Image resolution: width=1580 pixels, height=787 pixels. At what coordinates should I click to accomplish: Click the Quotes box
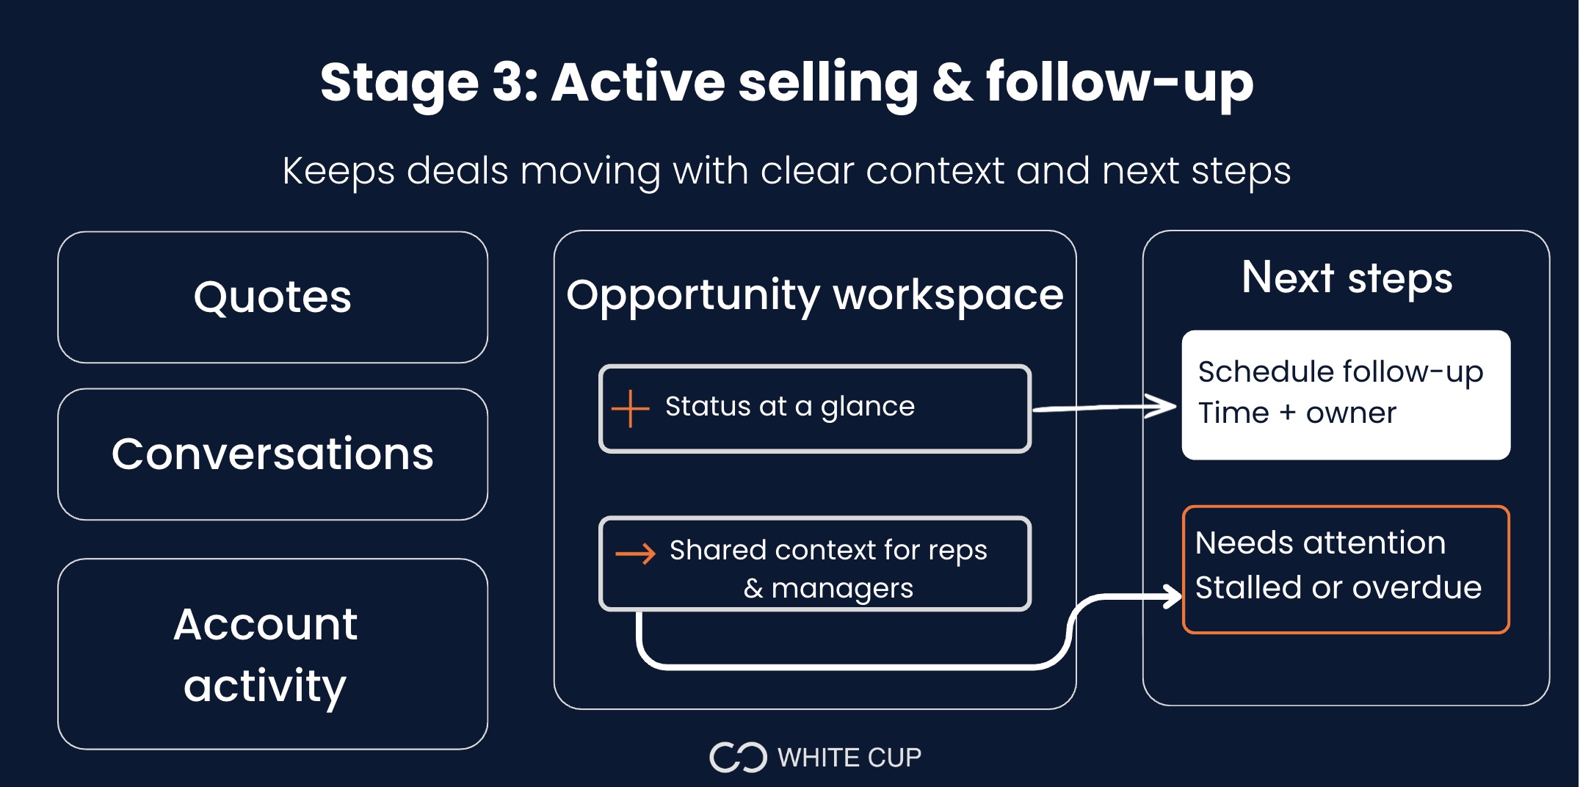pyautogui.click(x=272, y=297)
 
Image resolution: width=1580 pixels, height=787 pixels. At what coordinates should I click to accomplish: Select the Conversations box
pyautogui.click(x=272, y=454)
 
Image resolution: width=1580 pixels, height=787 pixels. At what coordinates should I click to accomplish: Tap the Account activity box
pyautogui.click(x=272, y=654)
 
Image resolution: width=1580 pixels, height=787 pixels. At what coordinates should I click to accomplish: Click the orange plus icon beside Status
pyautogui.click(x=630, y=408)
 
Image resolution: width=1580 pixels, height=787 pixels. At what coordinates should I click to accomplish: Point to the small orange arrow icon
pyautogui.click(x=635, y=554)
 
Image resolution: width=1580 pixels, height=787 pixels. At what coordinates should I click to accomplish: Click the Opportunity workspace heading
pyautogui.click(x=814, y=295)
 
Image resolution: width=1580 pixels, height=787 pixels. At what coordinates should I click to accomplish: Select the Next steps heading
pyautogui.click(x=1347, y=278)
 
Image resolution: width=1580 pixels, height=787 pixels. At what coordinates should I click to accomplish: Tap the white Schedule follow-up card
pyautogui.click(x=1345, y=394)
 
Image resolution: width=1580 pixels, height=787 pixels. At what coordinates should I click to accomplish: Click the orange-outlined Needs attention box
pyautogui.click(x=1345, y=569)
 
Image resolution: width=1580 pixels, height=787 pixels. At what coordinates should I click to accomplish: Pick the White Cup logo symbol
pyautogui.click(x=737, y=758)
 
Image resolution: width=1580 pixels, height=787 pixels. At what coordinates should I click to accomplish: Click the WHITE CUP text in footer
pyautogui.click(x=849, y=758)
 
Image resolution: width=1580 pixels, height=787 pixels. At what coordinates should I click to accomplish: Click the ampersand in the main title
pyautogui.click(x=952, y=82)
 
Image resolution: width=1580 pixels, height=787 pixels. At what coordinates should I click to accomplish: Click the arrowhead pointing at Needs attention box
pyautogui.click(x=1173, y=596)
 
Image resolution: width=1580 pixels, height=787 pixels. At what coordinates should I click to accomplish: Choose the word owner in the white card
pyautogui.click(x=1351, y=413)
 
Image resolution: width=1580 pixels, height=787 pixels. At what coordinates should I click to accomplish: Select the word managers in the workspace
pyautogui.click(x=842, y=589)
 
